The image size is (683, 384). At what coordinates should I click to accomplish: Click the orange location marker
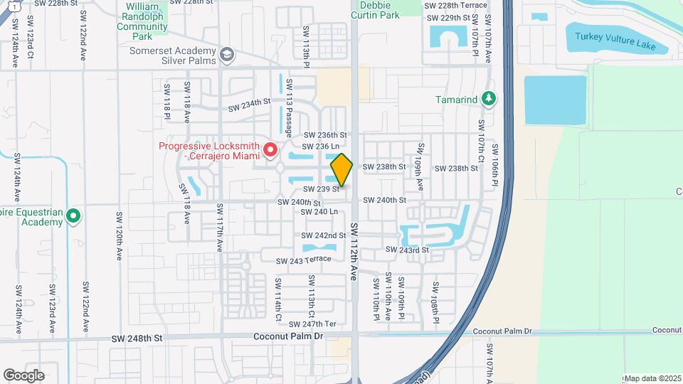341,170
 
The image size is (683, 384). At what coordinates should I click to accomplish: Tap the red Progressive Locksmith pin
270,150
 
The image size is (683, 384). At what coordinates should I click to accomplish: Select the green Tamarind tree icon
488,99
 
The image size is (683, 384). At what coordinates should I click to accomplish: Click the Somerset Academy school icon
226,55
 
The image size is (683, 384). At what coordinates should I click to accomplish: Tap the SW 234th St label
250,106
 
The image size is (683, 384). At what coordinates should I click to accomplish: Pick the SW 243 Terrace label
304,260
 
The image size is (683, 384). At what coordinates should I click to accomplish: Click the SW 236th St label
325,135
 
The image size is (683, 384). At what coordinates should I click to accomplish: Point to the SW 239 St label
320,189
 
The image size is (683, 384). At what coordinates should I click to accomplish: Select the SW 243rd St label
407,250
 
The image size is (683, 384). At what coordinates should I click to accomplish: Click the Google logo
23,375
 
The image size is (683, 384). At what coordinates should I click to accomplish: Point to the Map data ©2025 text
652,378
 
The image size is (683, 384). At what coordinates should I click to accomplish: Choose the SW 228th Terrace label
455,5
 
